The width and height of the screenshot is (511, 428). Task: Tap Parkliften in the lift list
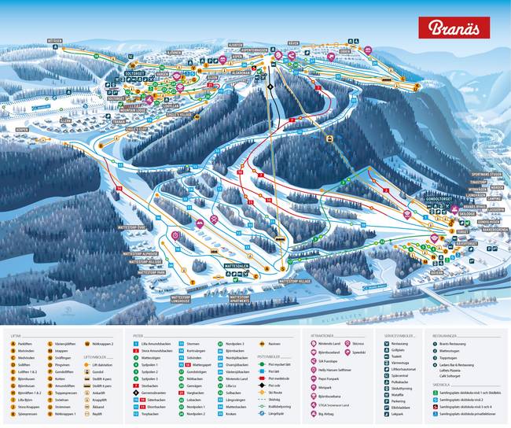[27, 344]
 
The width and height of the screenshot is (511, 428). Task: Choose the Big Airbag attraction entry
[329, 412]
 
